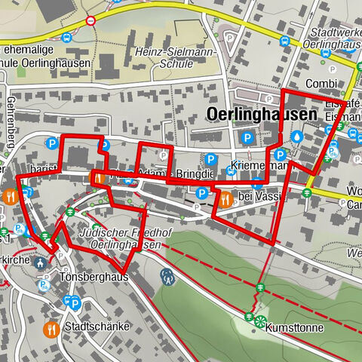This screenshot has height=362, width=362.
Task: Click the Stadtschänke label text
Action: click(x=97, y=327)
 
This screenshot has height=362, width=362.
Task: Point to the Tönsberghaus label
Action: click(x=93, y=277)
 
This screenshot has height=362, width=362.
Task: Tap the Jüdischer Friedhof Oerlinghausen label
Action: click(x=119, y=239)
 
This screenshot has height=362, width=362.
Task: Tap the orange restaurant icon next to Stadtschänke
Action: click(x=51, y=328)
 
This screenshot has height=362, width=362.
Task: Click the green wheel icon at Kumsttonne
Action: click(x=260, y=322)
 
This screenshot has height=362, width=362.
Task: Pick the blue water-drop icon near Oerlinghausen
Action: click(x=297, y=137)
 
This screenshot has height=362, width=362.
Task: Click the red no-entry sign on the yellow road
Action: click(x=91, y=20)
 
